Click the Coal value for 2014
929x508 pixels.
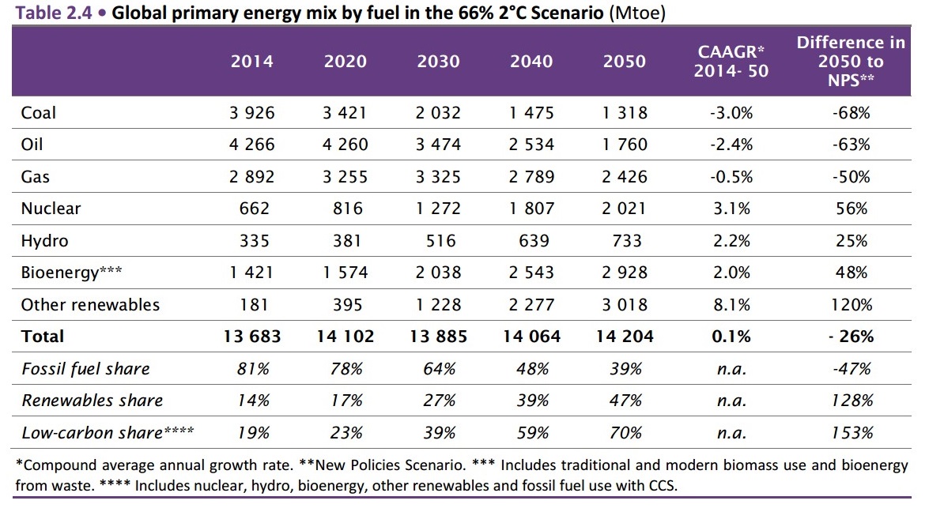(252, 113)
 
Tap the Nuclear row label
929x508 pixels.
(51, 209)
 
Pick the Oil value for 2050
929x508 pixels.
(625, 145)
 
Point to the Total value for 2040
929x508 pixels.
(531, 337)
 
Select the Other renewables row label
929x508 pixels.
(90, 305)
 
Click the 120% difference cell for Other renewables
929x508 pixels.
(852, 305)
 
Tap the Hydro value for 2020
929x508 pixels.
(346, 241)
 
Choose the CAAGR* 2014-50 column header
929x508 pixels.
(731, 62)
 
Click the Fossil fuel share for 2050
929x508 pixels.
(625, 369)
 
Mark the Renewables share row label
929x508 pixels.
(93, 401)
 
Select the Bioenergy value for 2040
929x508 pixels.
(531, 273)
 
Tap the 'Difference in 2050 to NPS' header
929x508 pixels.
(852, 62)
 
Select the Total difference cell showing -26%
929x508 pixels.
(852, 337)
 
